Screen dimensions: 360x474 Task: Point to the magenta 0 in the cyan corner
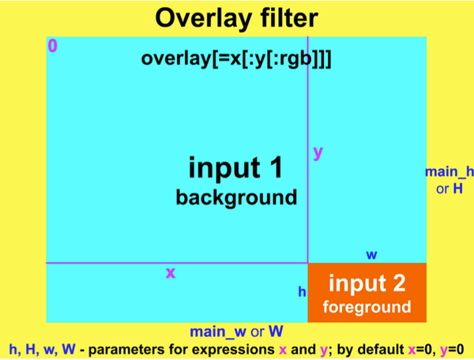coord(52,46)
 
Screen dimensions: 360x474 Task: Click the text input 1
coord(235,167)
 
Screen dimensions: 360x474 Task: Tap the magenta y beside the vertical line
coord(318,153)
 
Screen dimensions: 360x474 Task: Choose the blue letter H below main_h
coord(457,189)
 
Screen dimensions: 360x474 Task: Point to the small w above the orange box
coord(371,254)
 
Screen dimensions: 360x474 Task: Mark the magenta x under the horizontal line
coord(170,273)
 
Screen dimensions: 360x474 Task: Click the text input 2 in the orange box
coord(367,283)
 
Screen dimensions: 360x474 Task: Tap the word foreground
coord(367,306)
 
